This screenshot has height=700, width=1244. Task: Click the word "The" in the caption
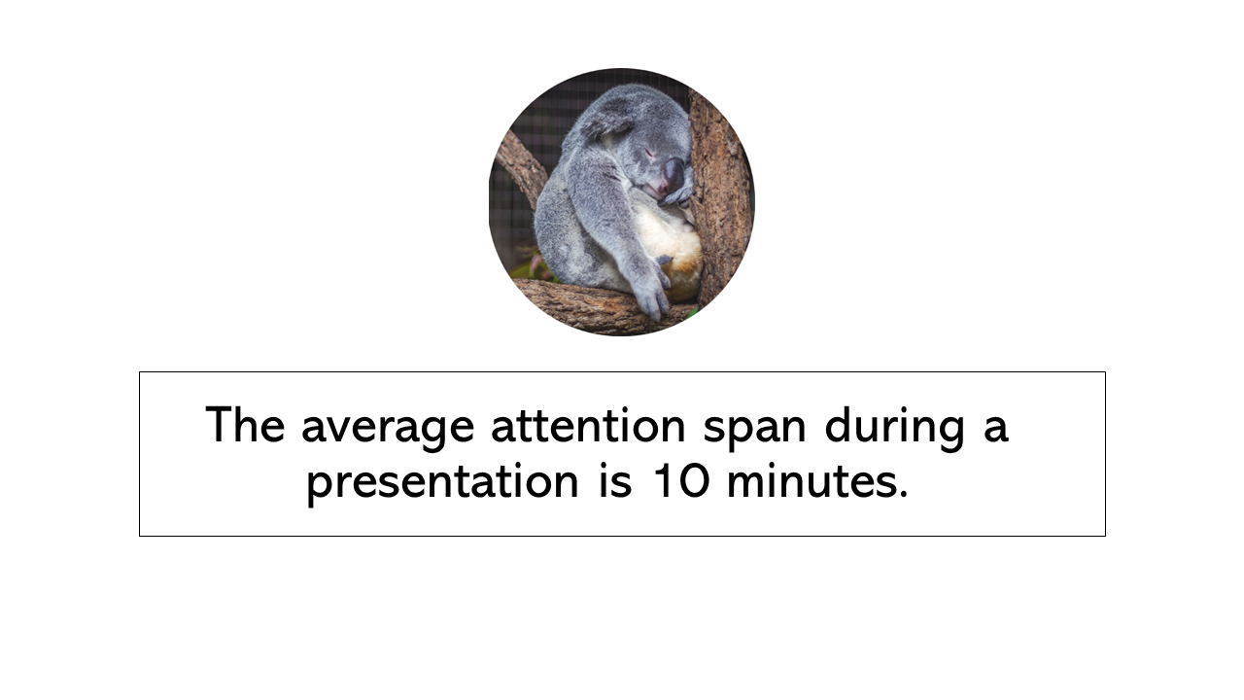point(245,425)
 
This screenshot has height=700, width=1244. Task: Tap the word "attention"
point(588,425)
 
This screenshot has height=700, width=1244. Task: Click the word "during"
point(895,427)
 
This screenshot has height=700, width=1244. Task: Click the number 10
point(681,479)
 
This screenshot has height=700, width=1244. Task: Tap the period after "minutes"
point(902,493)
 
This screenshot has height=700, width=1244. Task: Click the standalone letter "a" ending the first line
point(996,431)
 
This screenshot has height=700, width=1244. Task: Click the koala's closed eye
point(648,151)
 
